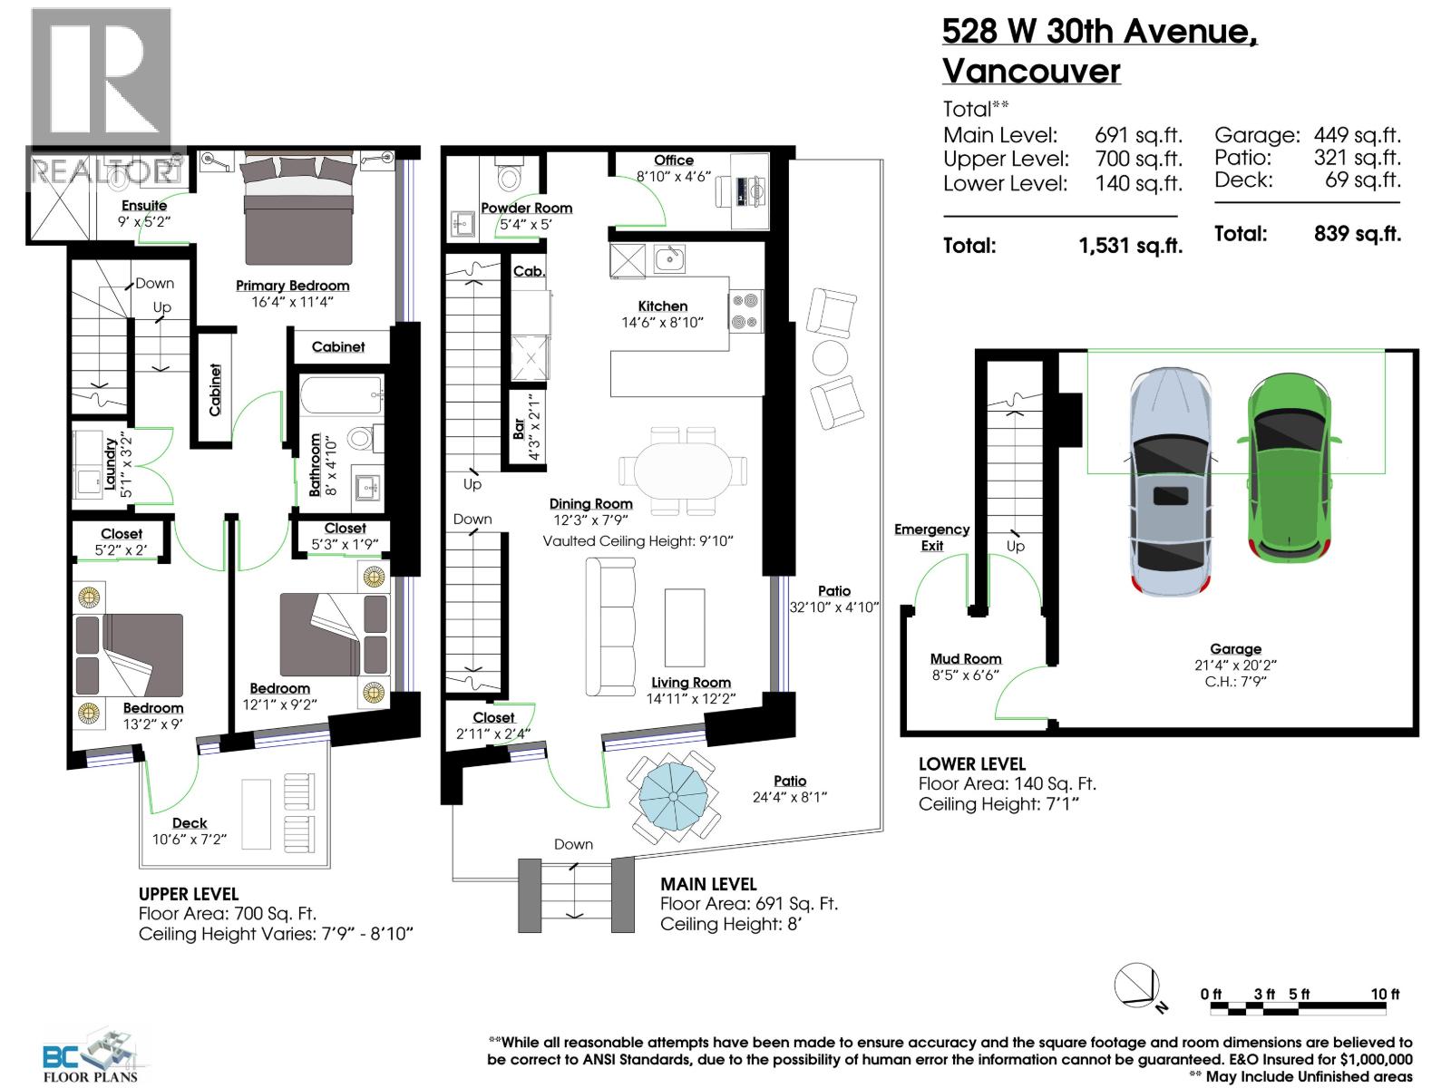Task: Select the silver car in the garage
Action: click(x=1170, y=481)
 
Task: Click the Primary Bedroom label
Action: click(x=292, y=286)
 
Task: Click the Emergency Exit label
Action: click(x=931, y=537)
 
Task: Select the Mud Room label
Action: click(x=965, y=659)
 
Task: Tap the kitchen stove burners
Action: click(x=746, y=310)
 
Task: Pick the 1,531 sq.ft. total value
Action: click(x=1130, y=246)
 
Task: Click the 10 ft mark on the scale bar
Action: click(x=1385, y=995)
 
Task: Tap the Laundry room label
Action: click(x=111, y=465)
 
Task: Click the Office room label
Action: click(x=673, y=160)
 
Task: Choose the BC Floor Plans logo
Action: click(x=91, y=1057)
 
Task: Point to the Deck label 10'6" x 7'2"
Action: click(x=190, y=823)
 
